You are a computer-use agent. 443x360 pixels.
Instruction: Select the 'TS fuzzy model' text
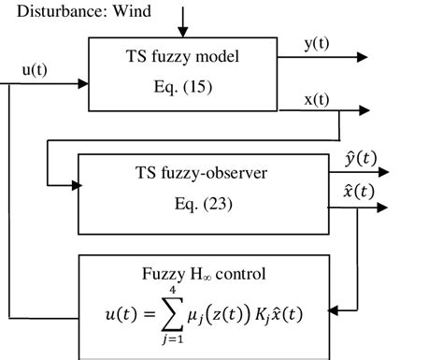coord(182,57)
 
